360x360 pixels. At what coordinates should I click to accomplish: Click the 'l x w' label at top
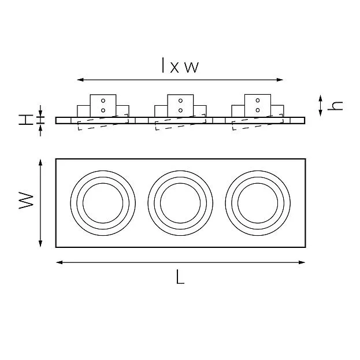point(180,65)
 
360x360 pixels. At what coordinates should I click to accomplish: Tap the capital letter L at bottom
point(180,277)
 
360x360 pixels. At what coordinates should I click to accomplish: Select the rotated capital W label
point(26,201)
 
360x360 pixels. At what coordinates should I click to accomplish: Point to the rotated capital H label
point(25,120)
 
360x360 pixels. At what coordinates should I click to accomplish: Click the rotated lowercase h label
point(335,106)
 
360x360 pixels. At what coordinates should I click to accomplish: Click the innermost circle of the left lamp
point(103,183)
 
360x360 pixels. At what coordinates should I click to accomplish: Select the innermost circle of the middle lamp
point(180,183)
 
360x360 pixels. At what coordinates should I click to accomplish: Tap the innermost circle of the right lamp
point(258,183)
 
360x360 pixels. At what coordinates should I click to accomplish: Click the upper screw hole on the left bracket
point(103,101)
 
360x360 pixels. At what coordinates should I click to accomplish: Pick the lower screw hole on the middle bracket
point(180,110)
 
